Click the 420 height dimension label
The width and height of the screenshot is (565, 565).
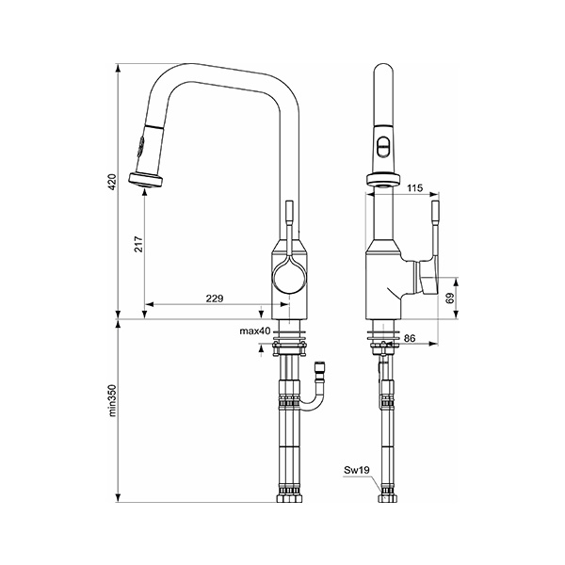(111, 181)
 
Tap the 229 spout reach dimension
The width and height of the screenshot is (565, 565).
(214, 299)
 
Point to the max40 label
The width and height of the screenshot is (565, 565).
(254, 331)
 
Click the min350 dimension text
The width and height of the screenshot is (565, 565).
(111, 399)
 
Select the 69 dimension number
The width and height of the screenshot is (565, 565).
(449, 297)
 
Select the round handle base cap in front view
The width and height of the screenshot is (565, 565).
(431, 281)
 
